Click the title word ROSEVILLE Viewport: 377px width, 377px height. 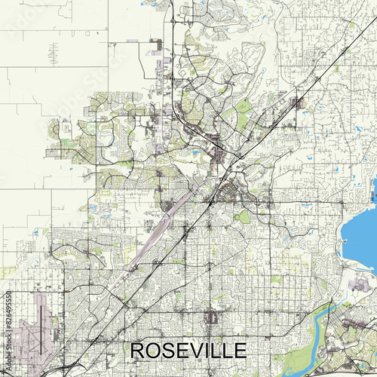coord(188,351)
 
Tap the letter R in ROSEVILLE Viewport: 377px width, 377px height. coord(139,351)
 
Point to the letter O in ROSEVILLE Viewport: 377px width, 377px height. coord(154,351)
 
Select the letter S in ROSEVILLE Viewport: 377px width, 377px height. coord(169,351)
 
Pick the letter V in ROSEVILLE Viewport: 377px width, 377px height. coord(197,351)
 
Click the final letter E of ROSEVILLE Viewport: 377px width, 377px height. coord(239,351)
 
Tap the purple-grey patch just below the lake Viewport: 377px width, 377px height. coord(354,283)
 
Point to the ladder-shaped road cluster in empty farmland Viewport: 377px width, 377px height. coord(54,53)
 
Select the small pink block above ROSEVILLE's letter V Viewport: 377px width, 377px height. coord(211,317)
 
